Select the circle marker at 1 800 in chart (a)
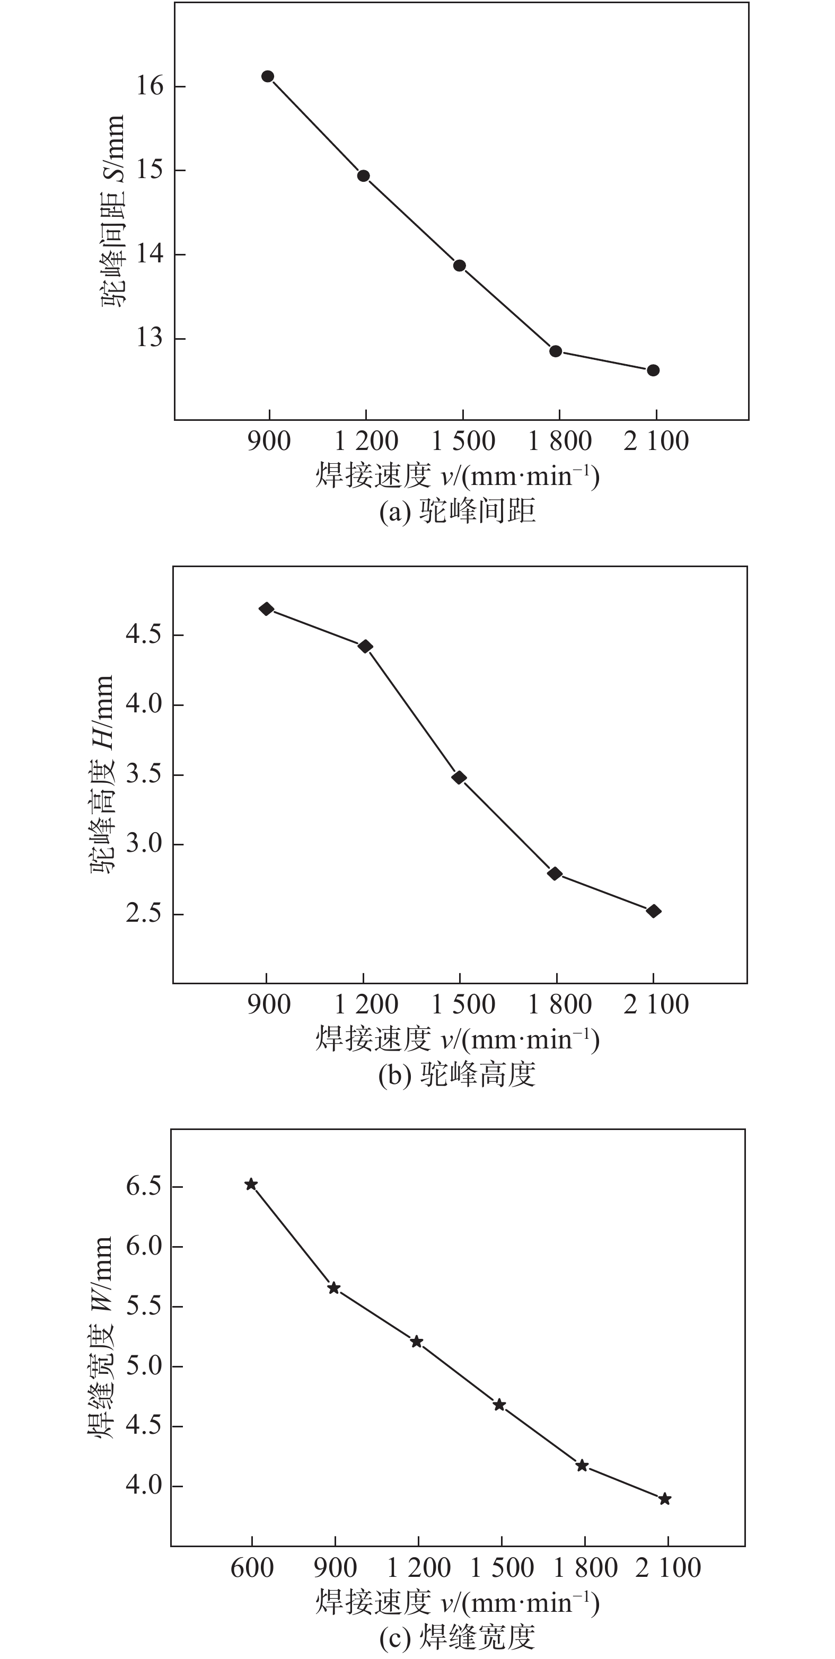pyautogui.click(x=556, y=351)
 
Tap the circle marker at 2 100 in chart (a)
pyautogui.click(x=653, y=370)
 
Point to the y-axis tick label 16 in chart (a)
pyautogui.click(x=150, y=86)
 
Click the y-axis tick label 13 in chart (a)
pyautogui.click(x=150, y=338)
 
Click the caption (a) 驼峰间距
pyautogui.click(x=458, y=512)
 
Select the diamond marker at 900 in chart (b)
pyautogui.click(x=267, y=609)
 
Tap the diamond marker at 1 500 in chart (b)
pyautogui.click(x=459, y=778)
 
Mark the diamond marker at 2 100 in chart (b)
pyautogui.click(x=653, y=911)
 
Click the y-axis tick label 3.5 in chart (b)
pyautogui.click(x=143, y=774)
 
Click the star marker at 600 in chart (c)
pyautogui.click(x=251, y=1184)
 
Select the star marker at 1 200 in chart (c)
pyautogui.click(x=417, y=1342)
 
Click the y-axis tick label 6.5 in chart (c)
pyautogui.click(x=143, y=1186)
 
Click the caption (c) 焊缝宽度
pyautogui.click(x=458, y=1637)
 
